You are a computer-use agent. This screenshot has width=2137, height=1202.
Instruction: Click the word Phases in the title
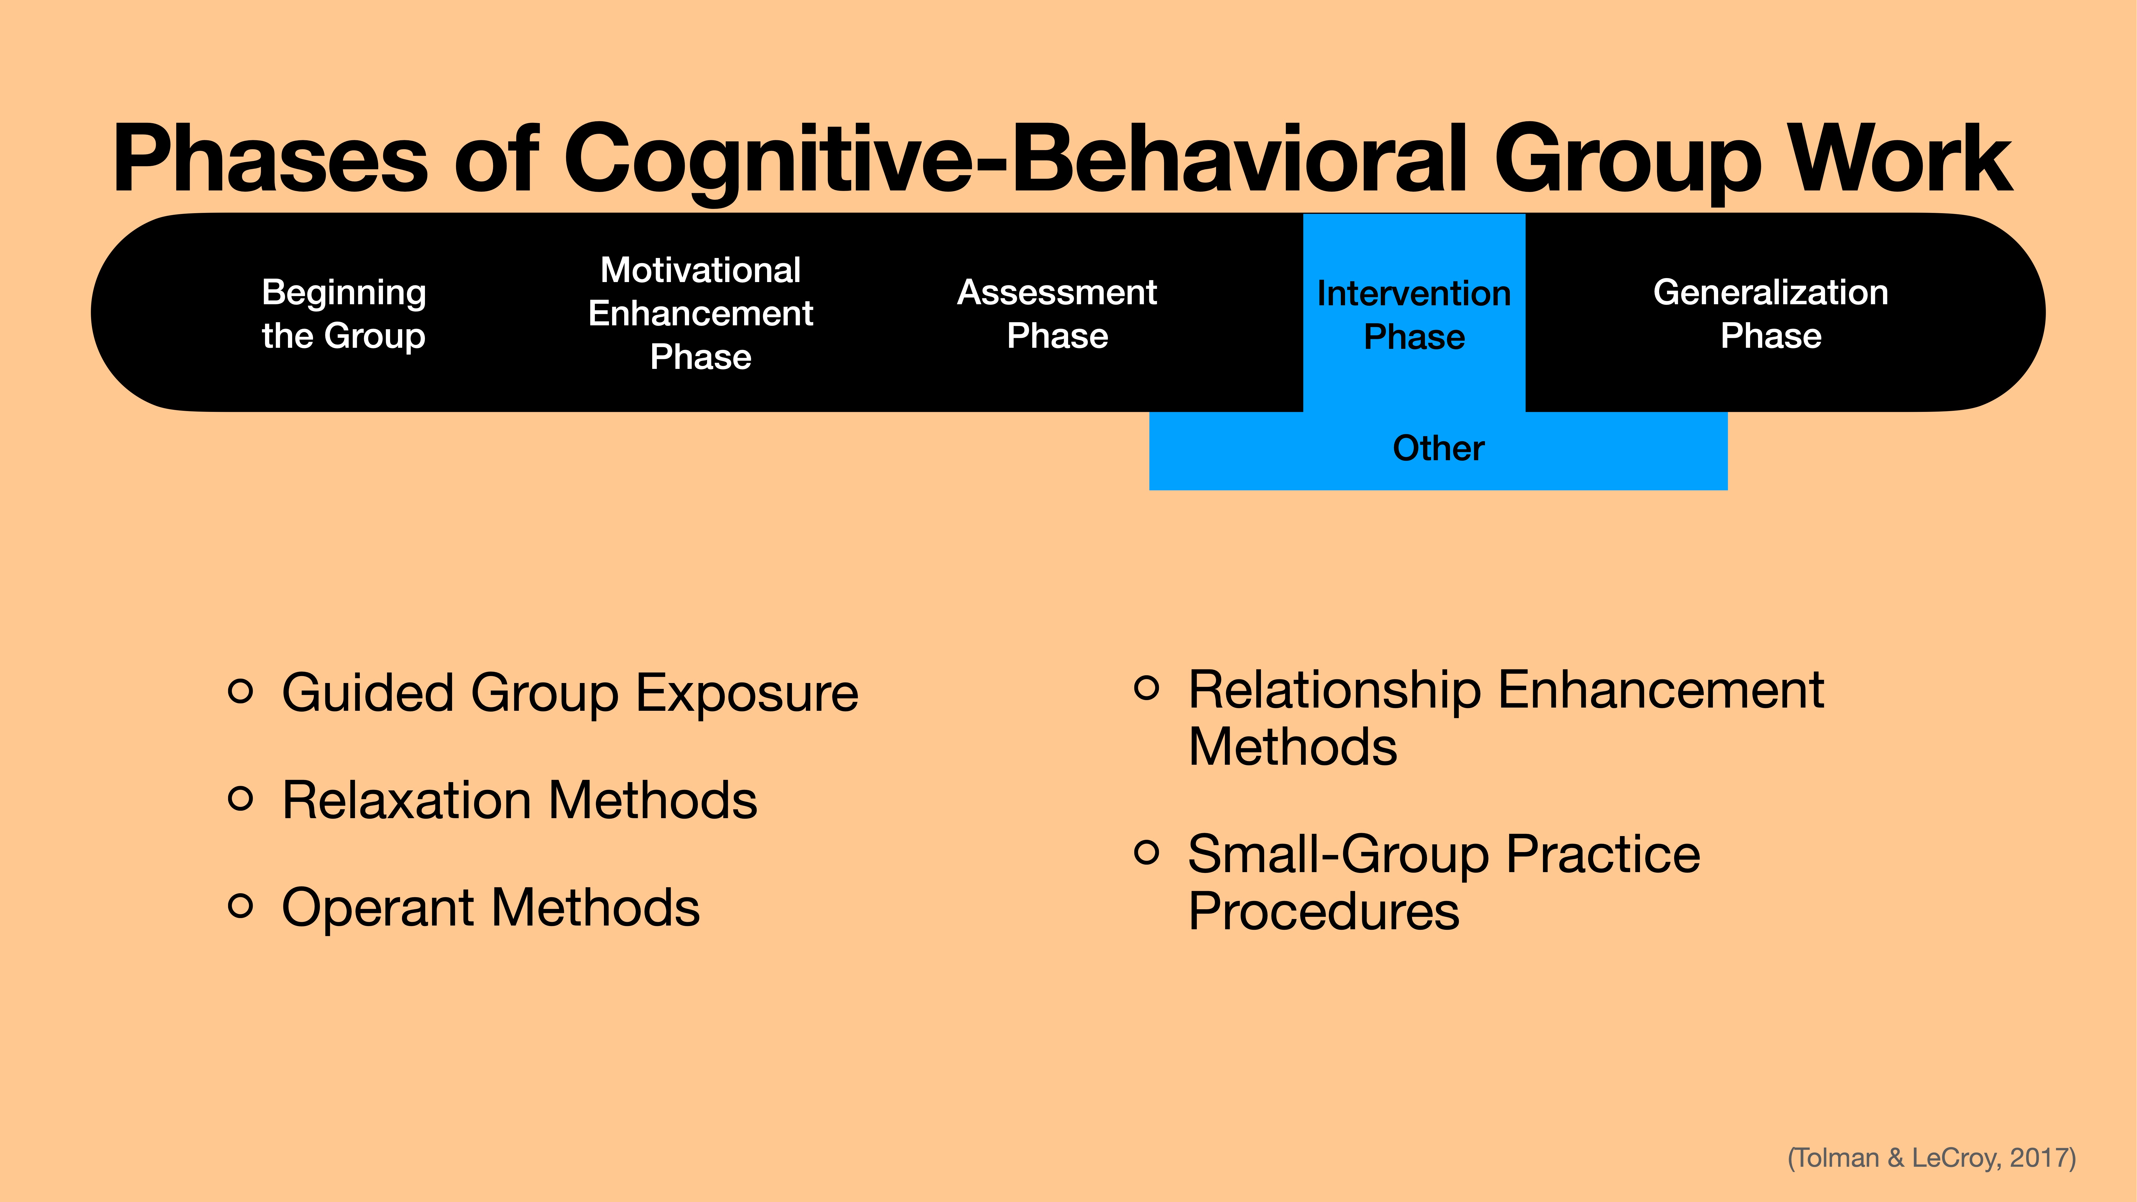click(269, 159)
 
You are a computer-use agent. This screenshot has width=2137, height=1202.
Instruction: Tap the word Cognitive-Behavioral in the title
click(1016, 159)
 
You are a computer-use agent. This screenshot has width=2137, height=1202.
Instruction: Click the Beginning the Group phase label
click(343, 314)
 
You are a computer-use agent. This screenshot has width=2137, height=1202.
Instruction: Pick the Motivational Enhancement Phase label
click(700, 314)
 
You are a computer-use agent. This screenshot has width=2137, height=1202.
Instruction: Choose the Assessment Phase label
click(1057, 314)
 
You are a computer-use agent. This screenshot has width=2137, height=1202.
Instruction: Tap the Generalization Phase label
click(1770, 314)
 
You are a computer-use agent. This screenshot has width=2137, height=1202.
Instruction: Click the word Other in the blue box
click(1438, 448)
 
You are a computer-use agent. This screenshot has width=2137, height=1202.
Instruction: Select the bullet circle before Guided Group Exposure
click(240, 691)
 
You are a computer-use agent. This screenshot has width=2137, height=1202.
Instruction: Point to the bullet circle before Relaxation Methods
click(240, 799)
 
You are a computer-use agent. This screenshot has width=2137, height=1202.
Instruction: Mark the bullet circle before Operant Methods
click(240, 906)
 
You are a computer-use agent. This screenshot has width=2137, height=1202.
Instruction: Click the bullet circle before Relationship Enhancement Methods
click(1146, 688)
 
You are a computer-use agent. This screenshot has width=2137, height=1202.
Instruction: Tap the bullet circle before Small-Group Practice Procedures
click(1146, 852)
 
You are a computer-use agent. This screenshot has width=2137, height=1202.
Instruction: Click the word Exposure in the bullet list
click(747, 693)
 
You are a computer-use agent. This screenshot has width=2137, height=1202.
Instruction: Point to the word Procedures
click(1323, 912)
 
